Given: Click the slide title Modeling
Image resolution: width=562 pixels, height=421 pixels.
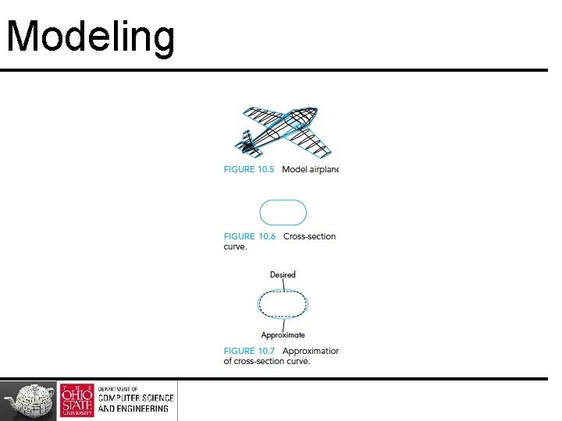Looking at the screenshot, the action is pyautogui.click(x=90, y=37).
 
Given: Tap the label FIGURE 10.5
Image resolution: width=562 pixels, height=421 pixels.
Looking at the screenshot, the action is pyautogui.click(x=249, y=170).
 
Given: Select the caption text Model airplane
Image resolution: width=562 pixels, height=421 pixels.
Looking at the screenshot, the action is pyautogui.click(x=310, y=170).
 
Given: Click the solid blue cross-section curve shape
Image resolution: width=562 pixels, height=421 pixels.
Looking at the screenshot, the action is pyautogui.click(x=283, y=212).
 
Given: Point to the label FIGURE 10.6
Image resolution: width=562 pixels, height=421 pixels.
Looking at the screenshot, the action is pyautogui.click(x=249, y=236).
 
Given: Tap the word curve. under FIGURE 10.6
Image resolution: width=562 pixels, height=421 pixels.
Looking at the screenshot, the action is pyautogui.click(x=235, y=246).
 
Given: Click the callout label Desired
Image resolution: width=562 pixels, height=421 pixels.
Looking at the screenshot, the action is pyautogui.click(x=283, y=274).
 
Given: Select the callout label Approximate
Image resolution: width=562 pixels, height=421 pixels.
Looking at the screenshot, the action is pyautogui.click(x=283, y=335).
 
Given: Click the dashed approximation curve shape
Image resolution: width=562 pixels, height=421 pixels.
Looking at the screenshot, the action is pyautogui.click(x=283, y=304).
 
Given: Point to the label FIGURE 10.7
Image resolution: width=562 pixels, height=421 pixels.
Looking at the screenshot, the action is pyautogui.click(x=249, y=351).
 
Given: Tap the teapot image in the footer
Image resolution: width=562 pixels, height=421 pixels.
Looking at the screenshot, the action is pyautogui.click(x=29, y=401).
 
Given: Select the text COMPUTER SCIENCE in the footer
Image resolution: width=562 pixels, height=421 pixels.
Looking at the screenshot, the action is pyautogui.click(x=136, y=398).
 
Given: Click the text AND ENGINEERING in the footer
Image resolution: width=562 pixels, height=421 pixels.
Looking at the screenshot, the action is pyautogui.click(x=133, y=409).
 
